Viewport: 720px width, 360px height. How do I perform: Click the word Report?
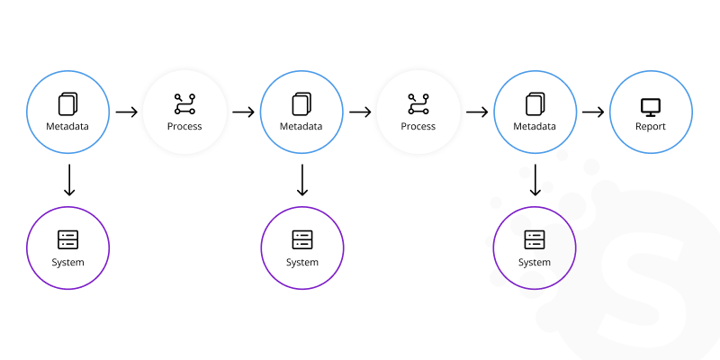[651, 126]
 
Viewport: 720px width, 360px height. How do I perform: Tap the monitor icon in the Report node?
[651, 106]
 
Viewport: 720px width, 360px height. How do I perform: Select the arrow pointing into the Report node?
[592, 112]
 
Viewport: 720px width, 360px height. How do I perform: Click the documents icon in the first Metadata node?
[68, 103]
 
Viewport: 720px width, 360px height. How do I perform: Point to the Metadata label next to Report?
[535, 126]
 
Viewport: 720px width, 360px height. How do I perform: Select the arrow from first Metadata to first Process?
[126, 112]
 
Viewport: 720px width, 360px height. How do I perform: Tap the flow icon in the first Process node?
[184, 104]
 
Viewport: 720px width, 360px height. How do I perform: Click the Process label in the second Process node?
[418, 126]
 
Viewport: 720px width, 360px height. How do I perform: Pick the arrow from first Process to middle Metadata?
[243, 112]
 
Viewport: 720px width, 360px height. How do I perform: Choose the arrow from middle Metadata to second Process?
[360, 112]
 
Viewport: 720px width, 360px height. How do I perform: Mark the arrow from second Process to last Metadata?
[477, 112]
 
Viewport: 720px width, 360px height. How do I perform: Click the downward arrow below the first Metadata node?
[68, 180]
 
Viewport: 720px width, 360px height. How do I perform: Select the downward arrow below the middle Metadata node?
[302, 180]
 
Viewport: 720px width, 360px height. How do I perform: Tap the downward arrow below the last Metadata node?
[535, 180]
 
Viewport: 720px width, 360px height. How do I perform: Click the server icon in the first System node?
[68, 239]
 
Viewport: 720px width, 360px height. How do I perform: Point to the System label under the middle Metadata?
[302, 262]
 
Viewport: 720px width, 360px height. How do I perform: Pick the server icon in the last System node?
[535, 239]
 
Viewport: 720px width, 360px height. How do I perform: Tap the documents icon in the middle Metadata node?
[302, 103]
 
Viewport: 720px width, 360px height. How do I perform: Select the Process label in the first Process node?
[184, 126]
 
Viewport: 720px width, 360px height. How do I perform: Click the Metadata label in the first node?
[68, 126]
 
